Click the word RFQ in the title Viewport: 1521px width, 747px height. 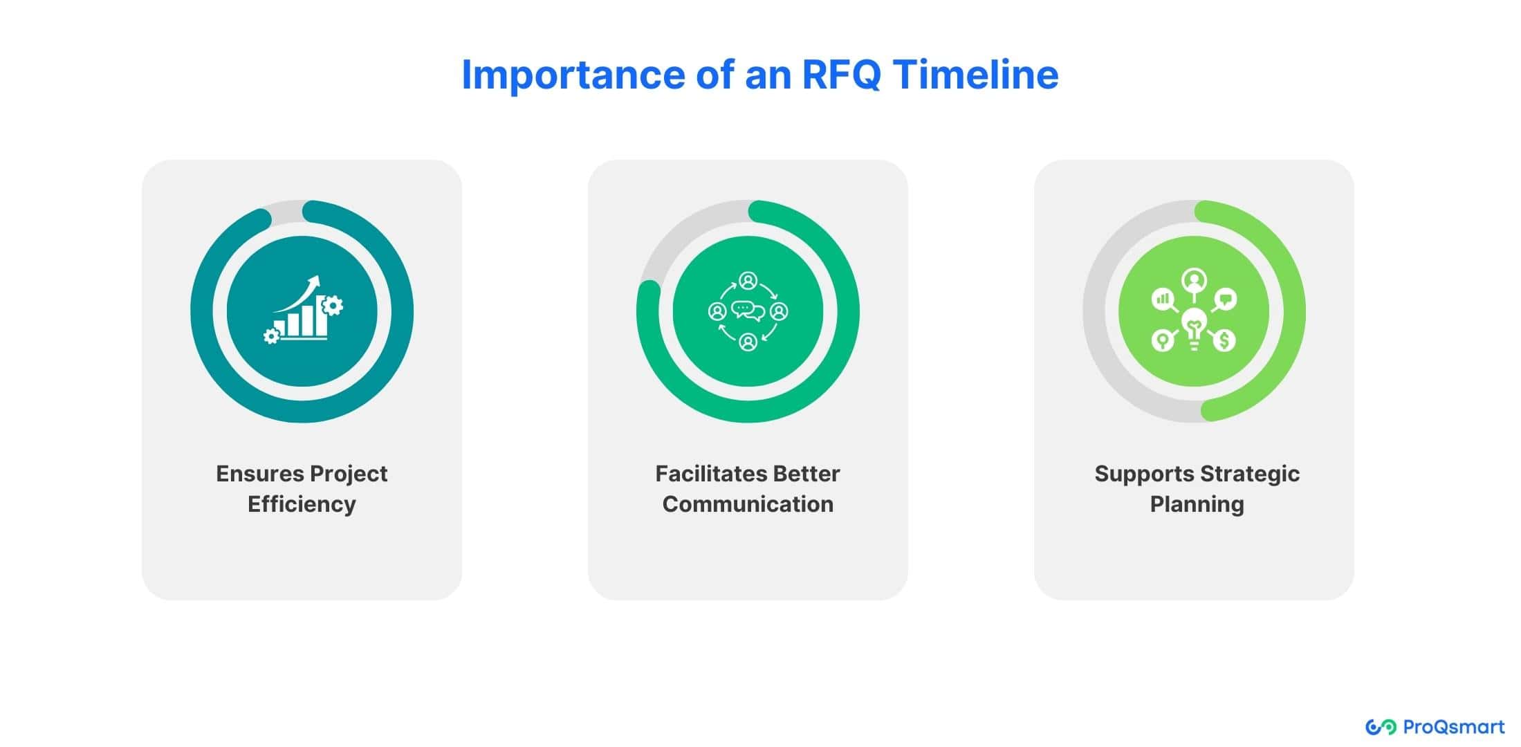click(841, 75)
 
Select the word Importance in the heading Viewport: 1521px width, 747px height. click(573, 75)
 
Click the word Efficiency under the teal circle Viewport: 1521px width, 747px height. click(302, 504)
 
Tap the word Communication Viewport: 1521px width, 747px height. click(748, 504)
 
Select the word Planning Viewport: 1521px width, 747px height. click(1197, 504)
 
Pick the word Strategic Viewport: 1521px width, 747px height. click(1249, 474)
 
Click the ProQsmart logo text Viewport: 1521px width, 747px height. click(1453, 727)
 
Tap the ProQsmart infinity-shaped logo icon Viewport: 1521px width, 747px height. click(1381, 727)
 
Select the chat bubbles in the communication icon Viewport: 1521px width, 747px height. click(748, 311)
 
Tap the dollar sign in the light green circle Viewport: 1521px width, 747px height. click(1225, 340)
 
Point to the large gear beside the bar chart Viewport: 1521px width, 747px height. click(333, 305)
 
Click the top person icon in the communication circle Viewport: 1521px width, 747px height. click(748, 281)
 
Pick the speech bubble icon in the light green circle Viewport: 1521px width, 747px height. click(1226, 299)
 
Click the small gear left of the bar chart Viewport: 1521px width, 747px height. click(272, 336)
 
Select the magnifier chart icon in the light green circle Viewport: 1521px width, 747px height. click(1164, 300)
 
